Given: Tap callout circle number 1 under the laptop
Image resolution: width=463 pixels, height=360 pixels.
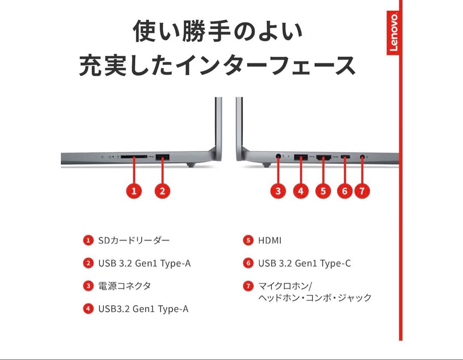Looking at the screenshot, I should (134, 191).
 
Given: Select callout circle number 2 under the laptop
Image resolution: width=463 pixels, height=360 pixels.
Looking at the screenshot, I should (162, 191).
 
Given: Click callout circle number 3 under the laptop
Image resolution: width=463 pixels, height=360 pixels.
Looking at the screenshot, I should (278, 191).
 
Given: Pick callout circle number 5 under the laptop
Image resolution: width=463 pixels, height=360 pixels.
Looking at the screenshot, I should (323, 191).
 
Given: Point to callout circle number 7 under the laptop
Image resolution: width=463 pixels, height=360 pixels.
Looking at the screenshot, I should (362, 191).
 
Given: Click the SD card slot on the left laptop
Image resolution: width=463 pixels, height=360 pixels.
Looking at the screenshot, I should (134, 157).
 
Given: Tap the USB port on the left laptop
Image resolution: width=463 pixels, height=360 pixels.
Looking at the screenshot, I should (163, 158).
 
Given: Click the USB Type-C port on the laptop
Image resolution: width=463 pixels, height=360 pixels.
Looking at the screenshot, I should (345, 157).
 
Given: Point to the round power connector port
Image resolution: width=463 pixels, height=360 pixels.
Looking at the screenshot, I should (279, 157).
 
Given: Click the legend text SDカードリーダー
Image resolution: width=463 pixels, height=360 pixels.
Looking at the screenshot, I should (134, 240).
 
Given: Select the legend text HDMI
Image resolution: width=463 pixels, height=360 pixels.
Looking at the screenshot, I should (270, 241).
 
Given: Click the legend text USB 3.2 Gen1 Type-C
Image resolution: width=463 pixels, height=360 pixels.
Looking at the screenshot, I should (304, 263).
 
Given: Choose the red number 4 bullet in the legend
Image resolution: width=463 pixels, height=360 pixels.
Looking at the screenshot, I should (88, 309).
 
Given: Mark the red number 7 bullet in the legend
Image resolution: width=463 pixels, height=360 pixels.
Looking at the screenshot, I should (248, 286).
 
